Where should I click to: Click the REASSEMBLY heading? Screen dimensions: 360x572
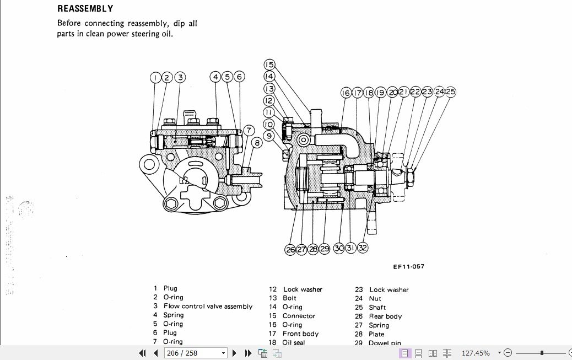pos(85,9)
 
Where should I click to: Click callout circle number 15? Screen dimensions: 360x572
pos(269,65)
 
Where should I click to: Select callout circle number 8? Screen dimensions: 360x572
pos(256,143)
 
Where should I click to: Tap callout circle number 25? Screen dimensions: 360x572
pos(451,92)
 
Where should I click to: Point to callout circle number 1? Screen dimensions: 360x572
pos(155,78)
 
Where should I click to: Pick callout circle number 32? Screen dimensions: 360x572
pos(362,248)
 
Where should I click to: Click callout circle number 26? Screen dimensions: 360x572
pos(290,249)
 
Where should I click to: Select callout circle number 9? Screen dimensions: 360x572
pos(269,136)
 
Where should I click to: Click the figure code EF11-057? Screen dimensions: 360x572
pos(408,267)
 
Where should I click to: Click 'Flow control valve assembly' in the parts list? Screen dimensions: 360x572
pos(208,306)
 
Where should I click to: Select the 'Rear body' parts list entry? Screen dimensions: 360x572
pos(385,316)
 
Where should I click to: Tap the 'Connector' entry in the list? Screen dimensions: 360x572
pos(299,316)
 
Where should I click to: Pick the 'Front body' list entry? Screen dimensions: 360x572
pos(300,334)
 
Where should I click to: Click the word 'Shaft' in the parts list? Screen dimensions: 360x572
pos(377,308)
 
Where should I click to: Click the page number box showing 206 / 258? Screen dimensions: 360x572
pos(191,353)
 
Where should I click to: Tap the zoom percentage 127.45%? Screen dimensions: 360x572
pos(475,353)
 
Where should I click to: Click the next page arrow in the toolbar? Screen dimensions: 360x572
pos(234,353)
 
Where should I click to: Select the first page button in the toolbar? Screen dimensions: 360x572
pos(143,353)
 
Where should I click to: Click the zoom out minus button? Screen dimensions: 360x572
pos(508,353)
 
